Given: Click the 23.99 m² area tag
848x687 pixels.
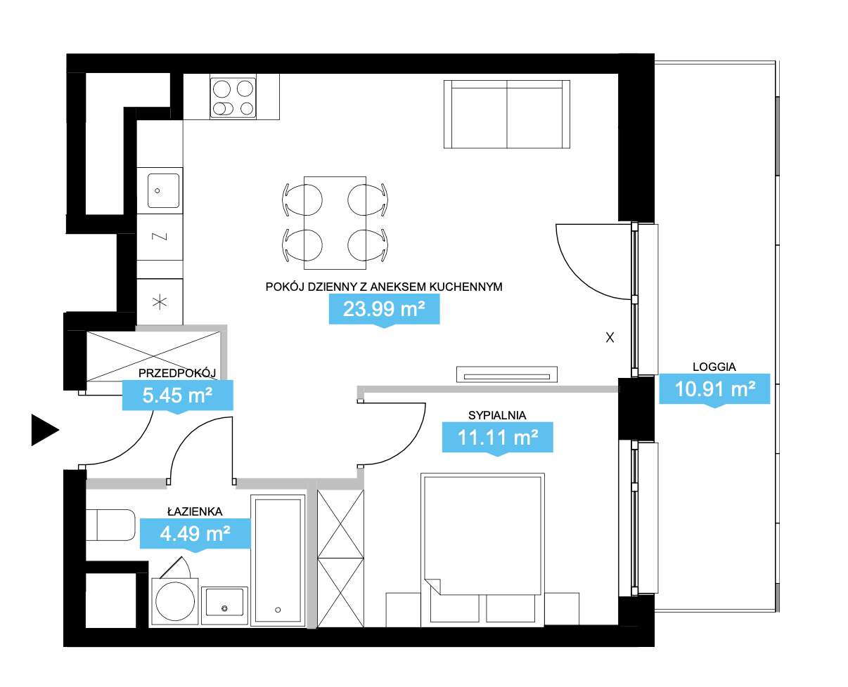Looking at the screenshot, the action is [384, 310].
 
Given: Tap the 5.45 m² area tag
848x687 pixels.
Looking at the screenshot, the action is [177, 395].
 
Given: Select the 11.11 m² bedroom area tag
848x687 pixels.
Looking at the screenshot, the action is [497, 438].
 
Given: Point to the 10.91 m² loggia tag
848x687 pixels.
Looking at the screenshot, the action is [714, 389].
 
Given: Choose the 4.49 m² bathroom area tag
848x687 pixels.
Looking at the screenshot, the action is [195, 534].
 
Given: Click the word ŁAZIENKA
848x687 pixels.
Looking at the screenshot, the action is [195, 511].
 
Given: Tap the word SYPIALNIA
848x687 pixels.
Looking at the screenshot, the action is [497, 415].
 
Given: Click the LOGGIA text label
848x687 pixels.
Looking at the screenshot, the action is [714, 367].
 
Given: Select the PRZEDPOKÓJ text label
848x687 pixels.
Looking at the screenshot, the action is [177, 373].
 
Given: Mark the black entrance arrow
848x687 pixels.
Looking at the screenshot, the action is [45, 430].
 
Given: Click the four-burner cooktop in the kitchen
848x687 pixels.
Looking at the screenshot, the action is [233, 98].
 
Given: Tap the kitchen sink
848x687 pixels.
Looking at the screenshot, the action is [163, 190].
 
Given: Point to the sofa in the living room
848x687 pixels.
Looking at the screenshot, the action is [507, 115].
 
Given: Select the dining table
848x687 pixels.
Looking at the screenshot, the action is [335, 223].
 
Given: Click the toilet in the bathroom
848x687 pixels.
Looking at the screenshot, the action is [110, 525].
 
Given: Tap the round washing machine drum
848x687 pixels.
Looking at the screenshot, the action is [175, 601].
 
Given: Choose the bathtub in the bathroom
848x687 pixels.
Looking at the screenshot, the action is [278, 561].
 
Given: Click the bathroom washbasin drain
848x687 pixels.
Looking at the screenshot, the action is [224, 608].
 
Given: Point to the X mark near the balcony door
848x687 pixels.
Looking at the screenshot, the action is [610, 338].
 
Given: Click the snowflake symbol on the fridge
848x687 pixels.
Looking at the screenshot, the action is [160, 302].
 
